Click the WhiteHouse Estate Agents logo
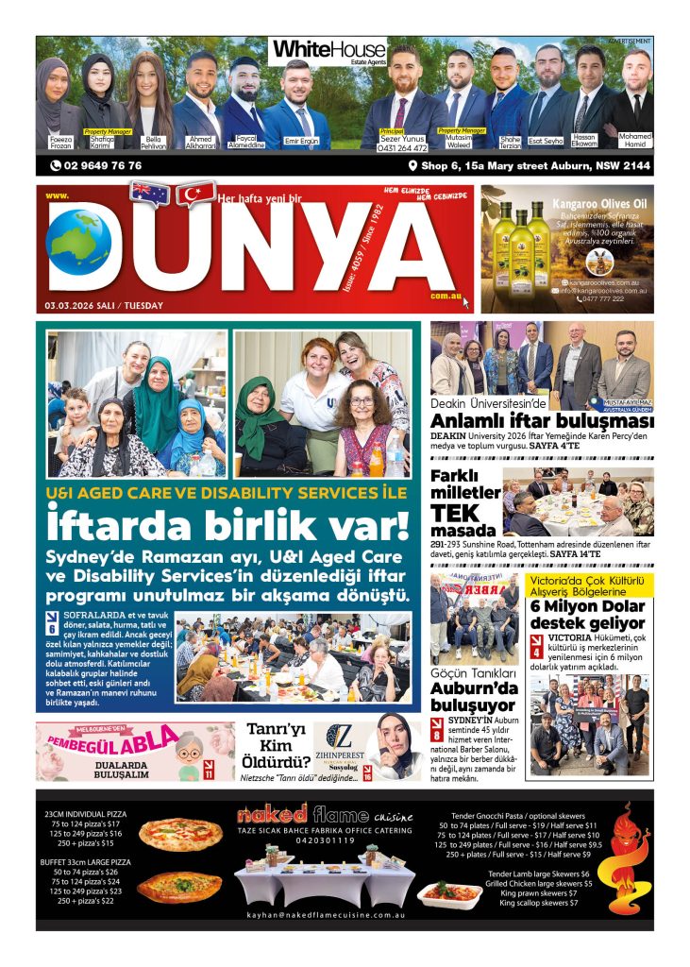coord(328,51)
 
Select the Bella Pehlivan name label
coord(153,143)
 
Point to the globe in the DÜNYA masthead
coord(78,243)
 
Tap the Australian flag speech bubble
coord(149,193)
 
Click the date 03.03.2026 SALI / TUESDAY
coord(104,305)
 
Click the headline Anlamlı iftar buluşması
coord(542,421)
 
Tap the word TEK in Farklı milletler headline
coord(454,513)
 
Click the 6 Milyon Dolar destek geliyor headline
coord(587,615)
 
